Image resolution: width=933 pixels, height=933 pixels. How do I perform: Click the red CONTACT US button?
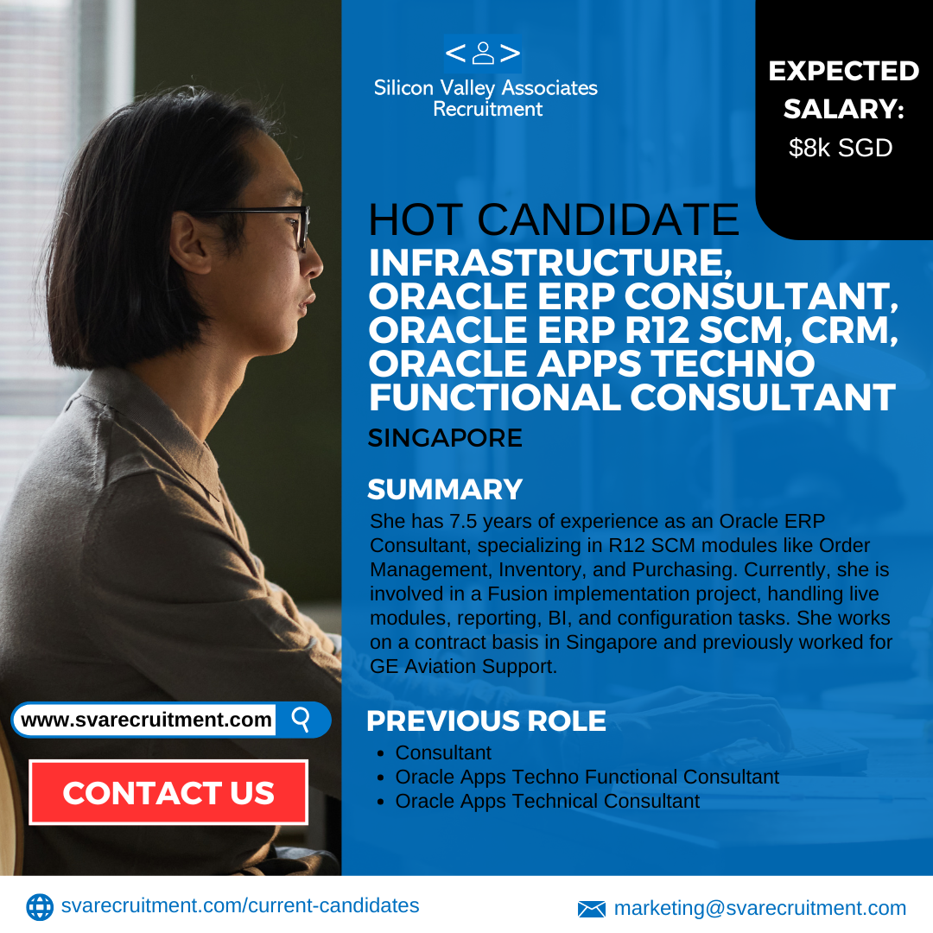tap(168, 792)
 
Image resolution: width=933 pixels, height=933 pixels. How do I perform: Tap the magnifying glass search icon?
tap(301, 720)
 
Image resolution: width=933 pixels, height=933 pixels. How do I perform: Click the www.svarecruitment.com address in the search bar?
tap(146, 720)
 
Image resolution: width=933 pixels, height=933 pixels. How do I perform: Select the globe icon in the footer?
tap(40, 907)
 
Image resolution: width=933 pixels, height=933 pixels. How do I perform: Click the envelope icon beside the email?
tap(592, 909)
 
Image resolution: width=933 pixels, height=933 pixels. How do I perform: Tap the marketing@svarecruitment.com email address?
tap(760, 908)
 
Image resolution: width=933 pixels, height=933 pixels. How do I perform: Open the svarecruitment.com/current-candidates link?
tap(240, 905)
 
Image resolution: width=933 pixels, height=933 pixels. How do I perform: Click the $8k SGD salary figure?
tap(841, 148)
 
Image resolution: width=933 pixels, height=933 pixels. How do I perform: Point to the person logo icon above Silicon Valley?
tap(483, 53)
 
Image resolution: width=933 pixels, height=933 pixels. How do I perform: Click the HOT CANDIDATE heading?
tap(554, 219)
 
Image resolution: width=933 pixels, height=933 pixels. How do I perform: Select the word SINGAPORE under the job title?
tap(445, 438)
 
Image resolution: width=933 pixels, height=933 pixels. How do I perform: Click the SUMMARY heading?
tap(445, 489)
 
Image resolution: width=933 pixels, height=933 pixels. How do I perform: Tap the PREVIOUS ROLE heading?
tap(486, 720)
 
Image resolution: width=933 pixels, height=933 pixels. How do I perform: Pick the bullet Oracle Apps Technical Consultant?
tap(548, 801)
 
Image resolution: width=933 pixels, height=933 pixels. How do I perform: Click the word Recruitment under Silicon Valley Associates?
tap(488, 109)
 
